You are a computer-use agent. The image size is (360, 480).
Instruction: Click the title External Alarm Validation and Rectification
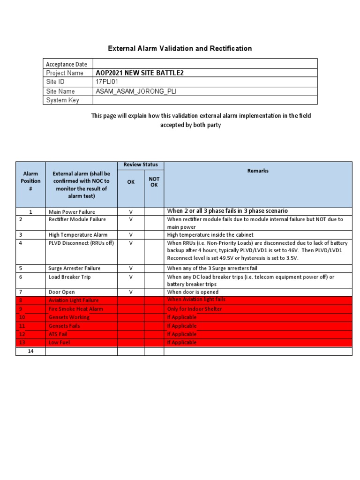click(180, 48)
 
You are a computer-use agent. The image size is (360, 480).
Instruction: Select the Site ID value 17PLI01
click(108, 82)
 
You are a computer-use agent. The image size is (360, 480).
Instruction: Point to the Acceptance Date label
click(66, 64)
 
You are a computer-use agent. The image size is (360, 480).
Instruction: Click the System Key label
click(62, 100)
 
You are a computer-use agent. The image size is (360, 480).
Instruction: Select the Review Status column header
click(140, 165)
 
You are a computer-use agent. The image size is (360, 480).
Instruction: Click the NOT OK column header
click(154, 182)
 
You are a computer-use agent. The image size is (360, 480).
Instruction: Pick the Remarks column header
click(258, 171)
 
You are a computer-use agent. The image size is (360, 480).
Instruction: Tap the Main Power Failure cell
click(71, 212)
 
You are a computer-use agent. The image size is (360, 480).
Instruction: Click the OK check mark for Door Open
click(131, 292)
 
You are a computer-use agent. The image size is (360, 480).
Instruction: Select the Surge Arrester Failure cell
click(75, 269)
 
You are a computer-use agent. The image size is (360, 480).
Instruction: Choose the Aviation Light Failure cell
click(74, 300)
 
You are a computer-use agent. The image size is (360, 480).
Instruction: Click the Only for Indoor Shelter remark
click(195, 309)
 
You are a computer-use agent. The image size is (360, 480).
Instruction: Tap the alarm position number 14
click(31, 352)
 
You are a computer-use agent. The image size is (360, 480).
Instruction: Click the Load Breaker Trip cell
click(69, 277)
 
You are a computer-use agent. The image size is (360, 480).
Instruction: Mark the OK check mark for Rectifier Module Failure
click(131, 219)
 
